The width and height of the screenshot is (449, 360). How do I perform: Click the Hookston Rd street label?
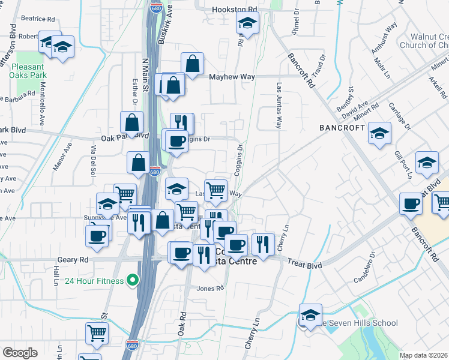[x=235, y=10]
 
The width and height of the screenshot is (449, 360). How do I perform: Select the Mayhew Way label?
[x=232, y=77]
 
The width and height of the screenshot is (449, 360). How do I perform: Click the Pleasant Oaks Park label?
[x=28, y=71]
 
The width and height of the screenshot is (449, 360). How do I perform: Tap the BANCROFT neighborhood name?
[x=342, y=128]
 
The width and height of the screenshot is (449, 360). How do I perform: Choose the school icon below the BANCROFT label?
[x=379, y=135]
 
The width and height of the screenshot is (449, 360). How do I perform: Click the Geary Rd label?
[x=73, y=260]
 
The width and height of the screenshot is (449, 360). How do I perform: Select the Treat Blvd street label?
[x=304, y=265]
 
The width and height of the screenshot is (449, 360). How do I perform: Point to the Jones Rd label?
[x=210, y=289]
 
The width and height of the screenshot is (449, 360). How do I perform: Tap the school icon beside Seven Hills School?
[x=310, y=316]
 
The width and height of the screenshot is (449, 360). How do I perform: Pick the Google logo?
[x=20, y=353]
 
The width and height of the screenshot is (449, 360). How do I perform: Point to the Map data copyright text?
[x=424, y=355]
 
